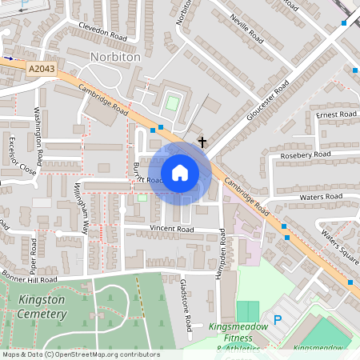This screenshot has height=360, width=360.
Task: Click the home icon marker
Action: (180, 172)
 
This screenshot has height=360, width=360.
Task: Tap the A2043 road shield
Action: (41, 70)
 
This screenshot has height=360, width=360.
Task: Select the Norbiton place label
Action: (115, 58)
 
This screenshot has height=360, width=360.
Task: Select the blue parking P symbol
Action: (278, 320)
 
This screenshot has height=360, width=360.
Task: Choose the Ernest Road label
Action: (336, 115)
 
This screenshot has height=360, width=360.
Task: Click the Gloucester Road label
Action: (268, 101)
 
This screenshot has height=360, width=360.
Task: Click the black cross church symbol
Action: (202, 142)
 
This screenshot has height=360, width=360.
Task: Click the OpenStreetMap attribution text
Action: (80, 354)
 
